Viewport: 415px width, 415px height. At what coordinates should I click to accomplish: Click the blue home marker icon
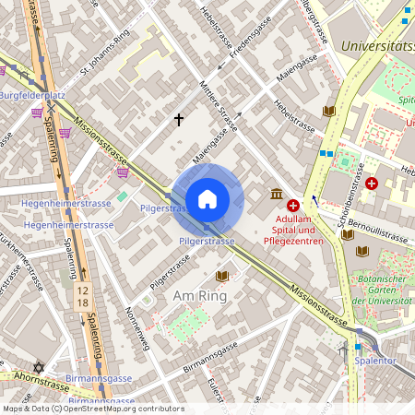coord(207,199)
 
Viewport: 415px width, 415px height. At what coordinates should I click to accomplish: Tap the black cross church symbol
coord(179,120)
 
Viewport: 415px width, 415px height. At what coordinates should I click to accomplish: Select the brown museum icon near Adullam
coord(276,194)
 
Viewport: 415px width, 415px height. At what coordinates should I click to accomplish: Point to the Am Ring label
coord(199,296)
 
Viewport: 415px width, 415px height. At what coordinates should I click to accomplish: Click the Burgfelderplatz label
coord(31,95)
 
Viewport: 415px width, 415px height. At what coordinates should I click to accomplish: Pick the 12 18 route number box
coord(84,296)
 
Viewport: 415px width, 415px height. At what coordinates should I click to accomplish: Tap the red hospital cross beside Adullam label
coord(293,206)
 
